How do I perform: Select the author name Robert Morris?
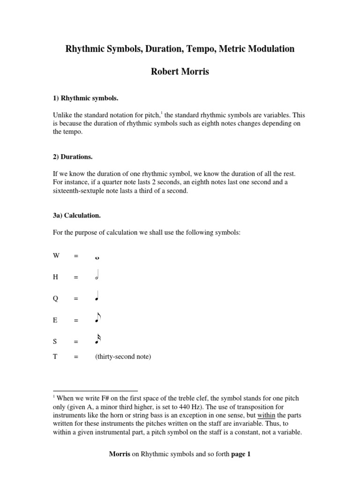(180, 72)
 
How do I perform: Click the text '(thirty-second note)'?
(123, 357)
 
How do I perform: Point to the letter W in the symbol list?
(56, 255)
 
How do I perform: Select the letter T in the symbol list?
(55, 357)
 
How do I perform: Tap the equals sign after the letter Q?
(75, 299)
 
